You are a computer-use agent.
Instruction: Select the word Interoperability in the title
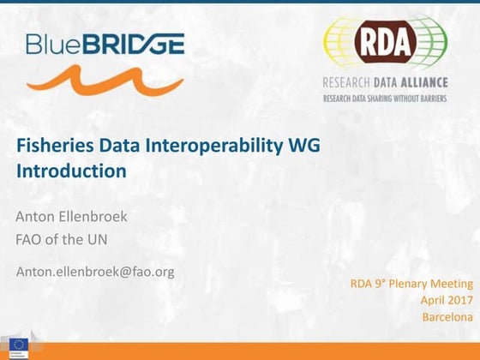203,147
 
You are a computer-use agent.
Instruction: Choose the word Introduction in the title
71,171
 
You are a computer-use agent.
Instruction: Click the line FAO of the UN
62,239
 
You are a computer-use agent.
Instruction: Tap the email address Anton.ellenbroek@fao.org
95,272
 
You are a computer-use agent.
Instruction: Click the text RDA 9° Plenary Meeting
411,284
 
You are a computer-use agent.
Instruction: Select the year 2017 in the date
459,300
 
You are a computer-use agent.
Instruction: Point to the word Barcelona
447,317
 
